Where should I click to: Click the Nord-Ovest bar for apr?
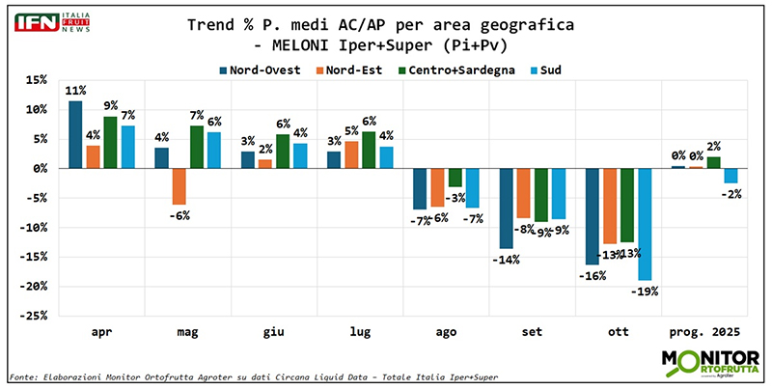tap(75, 135)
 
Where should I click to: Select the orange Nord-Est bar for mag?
tap(179, 186)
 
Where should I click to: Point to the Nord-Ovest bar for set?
tap(506, 208)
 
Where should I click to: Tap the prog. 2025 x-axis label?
tap(703, 333)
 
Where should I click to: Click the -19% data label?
tap(646, 291)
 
